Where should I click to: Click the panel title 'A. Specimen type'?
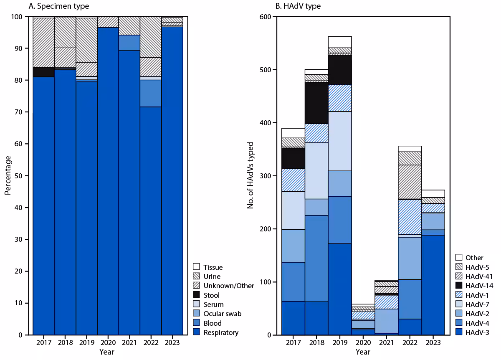pyautogui.click(x=58, y=6)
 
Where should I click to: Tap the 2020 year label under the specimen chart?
pyautogui.click(x=108, y=342)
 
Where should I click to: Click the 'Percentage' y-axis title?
pyautogui.click(x=8, y=175)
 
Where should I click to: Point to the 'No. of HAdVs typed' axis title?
pyautogui.click(x=250, y=175)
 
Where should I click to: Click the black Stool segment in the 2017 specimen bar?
pyautogui.click(x=44, y=72)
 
